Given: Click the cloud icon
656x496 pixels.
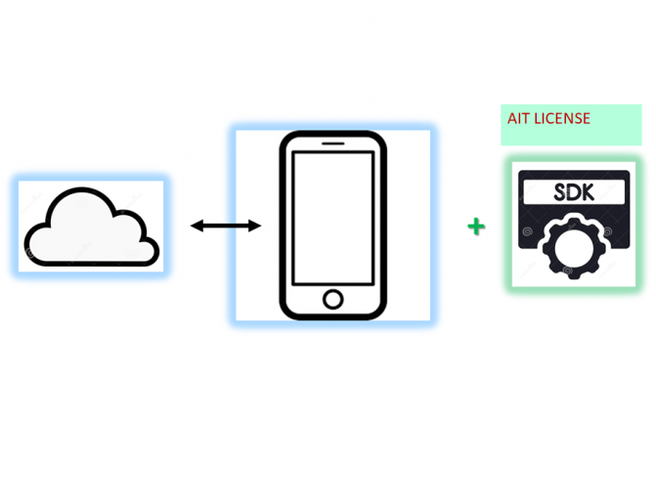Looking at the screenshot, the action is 91,227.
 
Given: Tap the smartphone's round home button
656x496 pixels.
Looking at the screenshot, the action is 333,300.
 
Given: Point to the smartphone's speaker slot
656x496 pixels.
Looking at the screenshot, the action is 333,144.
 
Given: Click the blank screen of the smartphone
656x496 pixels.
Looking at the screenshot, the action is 333,218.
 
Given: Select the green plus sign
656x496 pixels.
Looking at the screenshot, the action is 476,227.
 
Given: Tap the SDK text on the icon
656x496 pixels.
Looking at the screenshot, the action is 574,192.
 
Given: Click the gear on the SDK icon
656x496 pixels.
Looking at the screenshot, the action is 574,248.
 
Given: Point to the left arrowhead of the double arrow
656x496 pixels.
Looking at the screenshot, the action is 197,226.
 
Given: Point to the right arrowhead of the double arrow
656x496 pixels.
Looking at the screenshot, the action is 255,226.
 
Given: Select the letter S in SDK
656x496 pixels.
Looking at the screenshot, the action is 560,192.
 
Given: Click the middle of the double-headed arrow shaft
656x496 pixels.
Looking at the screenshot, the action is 226,226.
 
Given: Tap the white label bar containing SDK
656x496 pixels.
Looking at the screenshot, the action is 574,192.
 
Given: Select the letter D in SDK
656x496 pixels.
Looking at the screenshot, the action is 575,192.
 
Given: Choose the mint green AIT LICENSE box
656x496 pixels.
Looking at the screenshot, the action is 571,125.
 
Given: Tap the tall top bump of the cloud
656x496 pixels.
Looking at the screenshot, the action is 81,205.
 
